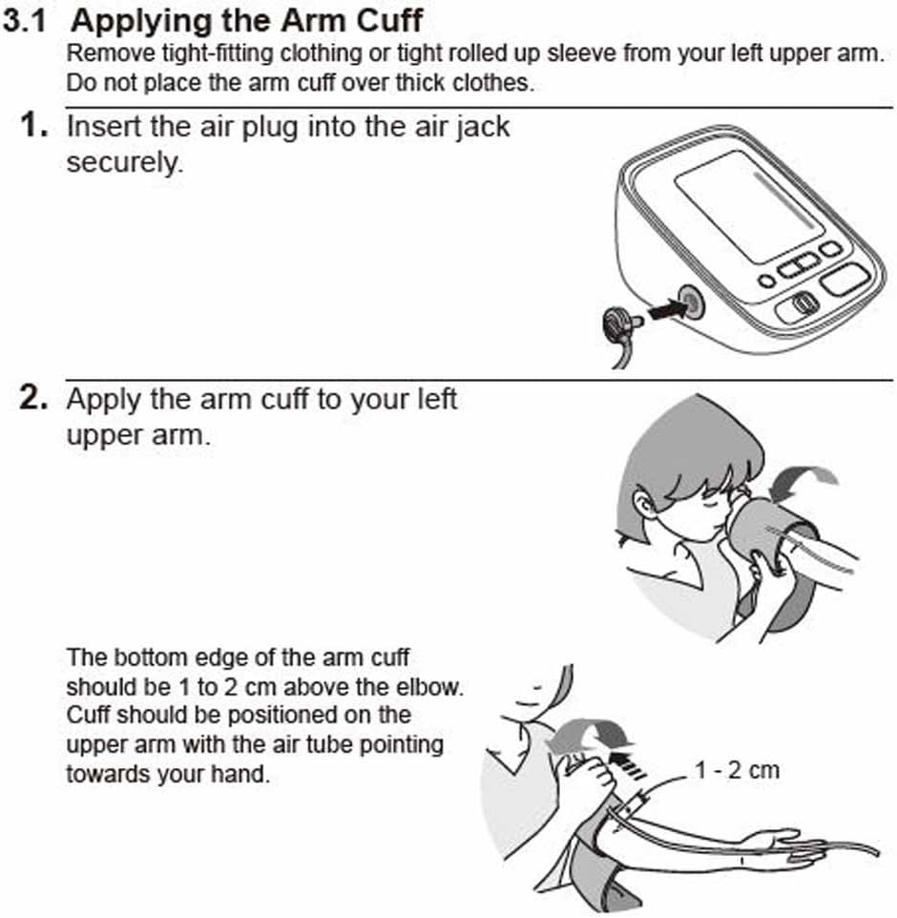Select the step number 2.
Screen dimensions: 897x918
[32, 398]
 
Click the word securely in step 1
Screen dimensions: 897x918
[125, 162]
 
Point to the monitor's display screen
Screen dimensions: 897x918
[749, 206]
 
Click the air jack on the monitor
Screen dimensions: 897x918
[691, 302]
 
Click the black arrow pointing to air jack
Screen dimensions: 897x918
[667, 309]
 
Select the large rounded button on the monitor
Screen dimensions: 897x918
[845, 280]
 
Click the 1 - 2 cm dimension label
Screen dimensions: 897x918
[737, 770]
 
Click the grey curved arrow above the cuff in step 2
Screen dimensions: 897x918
[803, 481]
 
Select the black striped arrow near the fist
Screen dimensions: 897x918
[627, 765]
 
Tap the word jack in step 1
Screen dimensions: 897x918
[482, 127]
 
